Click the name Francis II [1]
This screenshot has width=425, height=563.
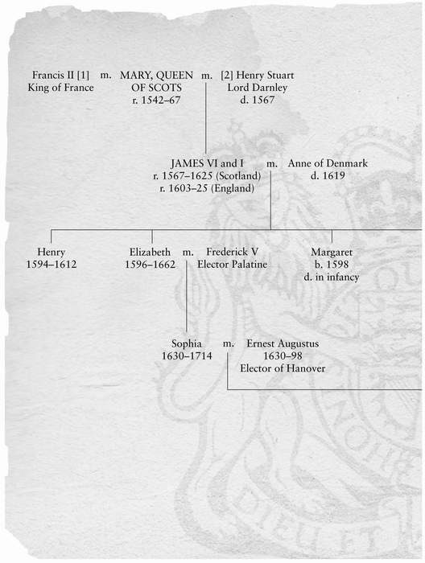[60, 75]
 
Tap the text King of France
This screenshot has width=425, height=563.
[60, 88]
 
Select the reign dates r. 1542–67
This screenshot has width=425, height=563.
[156, 101]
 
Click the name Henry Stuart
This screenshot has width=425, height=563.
[265, 75]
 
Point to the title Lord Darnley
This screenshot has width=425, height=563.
[258, 88]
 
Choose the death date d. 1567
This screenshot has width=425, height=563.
[258, 101]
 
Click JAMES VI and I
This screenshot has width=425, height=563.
[207, 163]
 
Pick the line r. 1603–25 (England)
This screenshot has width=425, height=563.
[207, 188]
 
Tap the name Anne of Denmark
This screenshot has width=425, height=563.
[328, 163]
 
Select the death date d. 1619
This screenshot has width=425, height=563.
[328, 175]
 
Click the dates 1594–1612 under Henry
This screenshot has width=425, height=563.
[52, 265]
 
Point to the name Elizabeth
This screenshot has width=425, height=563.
[151, 252]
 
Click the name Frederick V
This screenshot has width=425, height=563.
[232, 252]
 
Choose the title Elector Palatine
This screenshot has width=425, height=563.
[232, 265]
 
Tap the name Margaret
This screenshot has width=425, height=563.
[332, 252]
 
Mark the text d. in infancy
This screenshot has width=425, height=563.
[332, 277]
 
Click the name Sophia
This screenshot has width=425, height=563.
[187, 343]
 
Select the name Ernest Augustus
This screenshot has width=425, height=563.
[283, 343]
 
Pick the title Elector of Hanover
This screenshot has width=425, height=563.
[283, 368]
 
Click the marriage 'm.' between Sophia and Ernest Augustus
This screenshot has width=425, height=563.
[229, 344]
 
